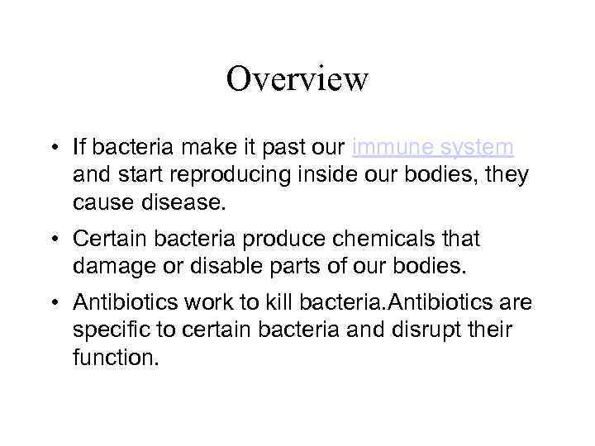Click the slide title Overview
pyautogui.click(x=297, y=79)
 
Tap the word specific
pyautogui.click(x=106, y=330)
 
